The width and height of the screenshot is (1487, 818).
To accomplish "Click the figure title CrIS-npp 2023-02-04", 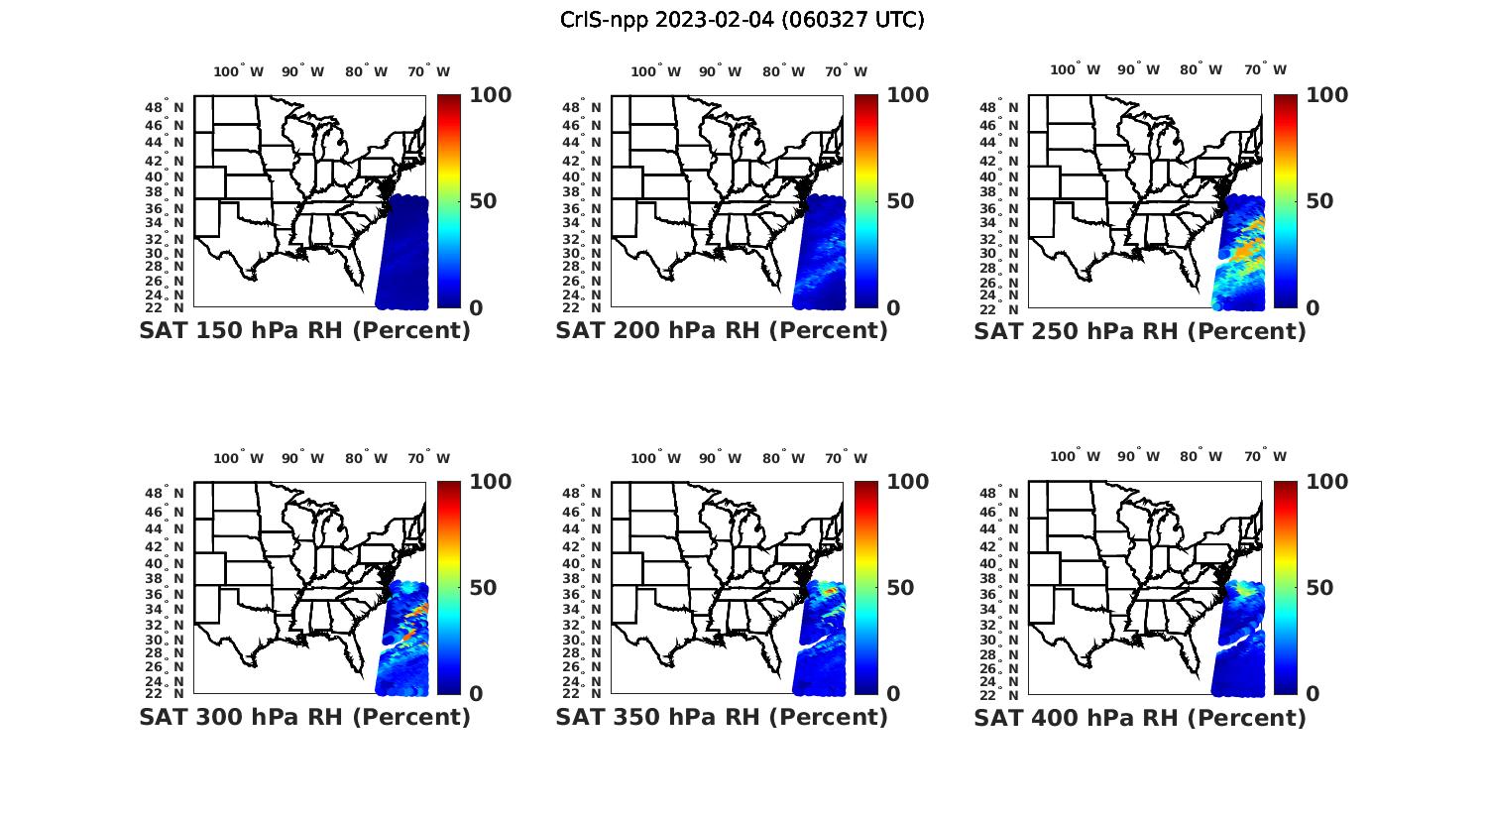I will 743,20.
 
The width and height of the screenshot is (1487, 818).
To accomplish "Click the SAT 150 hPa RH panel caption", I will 304,331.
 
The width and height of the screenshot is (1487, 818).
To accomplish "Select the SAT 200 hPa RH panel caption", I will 722,331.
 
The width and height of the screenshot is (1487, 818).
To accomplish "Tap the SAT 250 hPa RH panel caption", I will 1140,331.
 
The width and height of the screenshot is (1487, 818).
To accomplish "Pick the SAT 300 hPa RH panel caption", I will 304,717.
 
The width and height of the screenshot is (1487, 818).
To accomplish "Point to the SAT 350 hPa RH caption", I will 722,717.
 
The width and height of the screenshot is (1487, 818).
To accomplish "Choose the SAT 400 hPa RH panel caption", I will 1140,717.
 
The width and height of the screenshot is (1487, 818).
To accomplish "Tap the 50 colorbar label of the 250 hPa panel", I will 1318,201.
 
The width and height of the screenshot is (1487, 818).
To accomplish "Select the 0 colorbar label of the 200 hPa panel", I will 893,308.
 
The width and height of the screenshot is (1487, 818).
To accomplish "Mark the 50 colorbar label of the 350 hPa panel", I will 900,588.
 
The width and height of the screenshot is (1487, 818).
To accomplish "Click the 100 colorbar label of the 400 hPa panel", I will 1327,482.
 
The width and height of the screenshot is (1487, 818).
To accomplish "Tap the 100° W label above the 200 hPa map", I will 656,71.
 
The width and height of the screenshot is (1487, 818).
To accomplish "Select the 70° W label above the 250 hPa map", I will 1266,69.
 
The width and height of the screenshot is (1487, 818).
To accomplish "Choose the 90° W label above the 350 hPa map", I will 720,458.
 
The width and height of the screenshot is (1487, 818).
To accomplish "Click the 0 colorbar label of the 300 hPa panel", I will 476,694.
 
